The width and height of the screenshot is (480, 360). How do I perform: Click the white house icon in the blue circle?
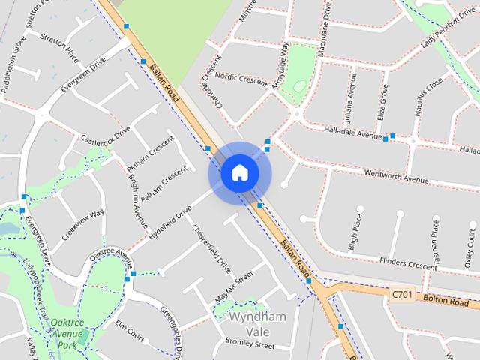tap(239, 173)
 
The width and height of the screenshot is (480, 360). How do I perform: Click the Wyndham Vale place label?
tap(257, 323)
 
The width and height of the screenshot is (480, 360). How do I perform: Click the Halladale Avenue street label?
tap(352, 133)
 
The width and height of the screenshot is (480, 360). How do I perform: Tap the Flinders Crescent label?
tap(408, 263)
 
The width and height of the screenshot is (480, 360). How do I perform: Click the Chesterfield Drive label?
tap(212, 248)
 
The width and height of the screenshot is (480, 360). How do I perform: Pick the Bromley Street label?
tap(250, 346)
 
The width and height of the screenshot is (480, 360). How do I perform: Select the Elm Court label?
tap(130, 328)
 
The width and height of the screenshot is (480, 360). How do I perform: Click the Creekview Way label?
tap(83, 225)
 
